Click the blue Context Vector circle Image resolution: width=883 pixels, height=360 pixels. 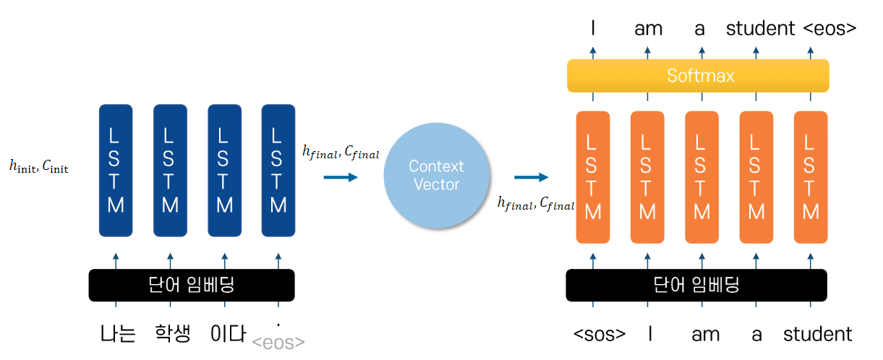436,175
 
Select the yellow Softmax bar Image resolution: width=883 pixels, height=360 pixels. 698,75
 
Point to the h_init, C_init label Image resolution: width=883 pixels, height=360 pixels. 39,168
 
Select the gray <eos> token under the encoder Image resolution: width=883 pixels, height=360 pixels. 278,342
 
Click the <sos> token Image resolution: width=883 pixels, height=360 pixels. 600,334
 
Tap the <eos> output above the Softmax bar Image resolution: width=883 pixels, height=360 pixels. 829,29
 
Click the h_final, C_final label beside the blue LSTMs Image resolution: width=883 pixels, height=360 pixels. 340,152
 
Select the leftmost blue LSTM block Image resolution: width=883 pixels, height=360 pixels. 116,171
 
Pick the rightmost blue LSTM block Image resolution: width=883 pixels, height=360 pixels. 278,171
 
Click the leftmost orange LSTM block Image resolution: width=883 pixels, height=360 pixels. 593,177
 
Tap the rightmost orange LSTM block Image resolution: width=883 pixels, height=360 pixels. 811,177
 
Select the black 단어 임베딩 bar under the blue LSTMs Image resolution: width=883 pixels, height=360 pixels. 191,285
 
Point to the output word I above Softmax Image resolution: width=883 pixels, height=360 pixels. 593,29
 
